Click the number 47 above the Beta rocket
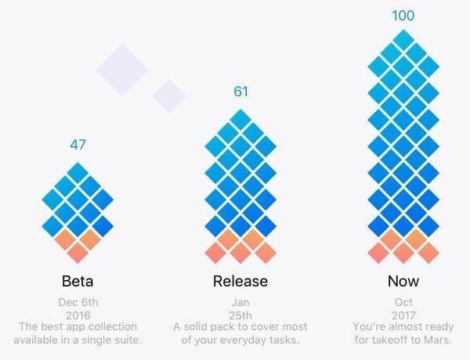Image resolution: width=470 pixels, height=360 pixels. pyautogui.click(x=78, y=145)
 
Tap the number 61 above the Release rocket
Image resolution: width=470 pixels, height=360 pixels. pyautogui.click(x=240, y=92)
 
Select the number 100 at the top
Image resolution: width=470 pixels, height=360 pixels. pyautogui.click(x=403, y=15)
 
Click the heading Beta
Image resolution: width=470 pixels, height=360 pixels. pyautogui.click(x=78, y=280)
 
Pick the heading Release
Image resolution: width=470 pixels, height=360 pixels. pyautogui.click(x=240, y=280)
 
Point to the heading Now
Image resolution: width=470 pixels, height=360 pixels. pyautogui.click(x=403, y=280)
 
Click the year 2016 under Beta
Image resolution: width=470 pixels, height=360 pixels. pyautogui.click(x=78, y=313)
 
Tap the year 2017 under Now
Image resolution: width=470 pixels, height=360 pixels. pyautogui.click(x=403, y=313)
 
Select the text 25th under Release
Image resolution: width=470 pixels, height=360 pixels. pyautogui.click(x=240, y=313)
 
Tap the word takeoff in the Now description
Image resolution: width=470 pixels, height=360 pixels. pyautogui.click(x=384, y=340)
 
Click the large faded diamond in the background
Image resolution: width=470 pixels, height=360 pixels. pyautogui.click(x=122, y=68)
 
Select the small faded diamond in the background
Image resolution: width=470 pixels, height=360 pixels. pyautogui.click(x=169, y=95)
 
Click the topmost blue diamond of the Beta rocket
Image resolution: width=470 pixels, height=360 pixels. pyautogui.click(x=78, y=172)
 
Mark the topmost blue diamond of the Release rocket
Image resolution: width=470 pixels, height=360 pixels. pyautogui.click(x=240, y=120)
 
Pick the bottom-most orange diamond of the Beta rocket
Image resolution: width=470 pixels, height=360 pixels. pyautogui.click(x=78, y=253)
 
